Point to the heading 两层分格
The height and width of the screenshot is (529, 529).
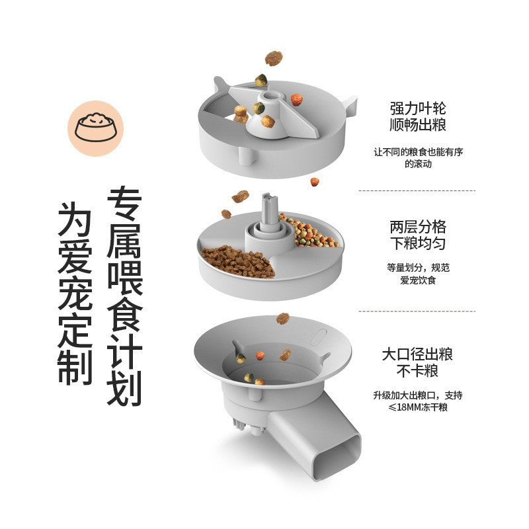[x=417, y=226]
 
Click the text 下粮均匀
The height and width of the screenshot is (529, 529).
[x=417, y=244]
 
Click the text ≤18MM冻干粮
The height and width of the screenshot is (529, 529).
[x=417, y=408]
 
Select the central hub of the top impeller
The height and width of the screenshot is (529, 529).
[x=269, y=102]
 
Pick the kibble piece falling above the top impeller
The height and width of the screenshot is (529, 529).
[x=274, y=58]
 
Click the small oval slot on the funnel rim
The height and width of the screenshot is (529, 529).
[x=320, y=337]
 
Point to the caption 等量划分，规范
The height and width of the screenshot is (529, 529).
[x=417, y=268]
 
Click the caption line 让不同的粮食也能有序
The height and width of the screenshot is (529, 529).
[x=417, y=152]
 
